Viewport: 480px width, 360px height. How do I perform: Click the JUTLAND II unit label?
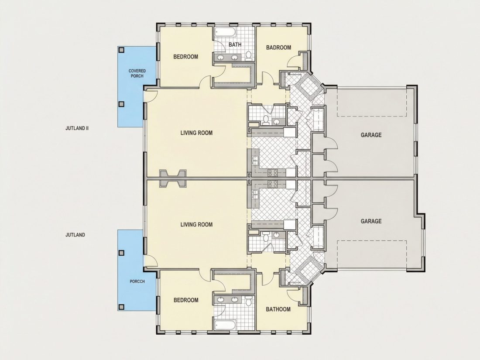click(x=77, y=128)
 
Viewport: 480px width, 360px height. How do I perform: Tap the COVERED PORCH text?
click(x=137, y=73)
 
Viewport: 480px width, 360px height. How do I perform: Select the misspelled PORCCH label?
click(x=137, y=281)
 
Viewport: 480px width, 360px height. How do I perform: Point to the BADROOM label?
click(x=278, y=48)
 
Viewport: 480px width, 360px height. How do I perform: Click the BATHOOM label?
click(x=278, y=309)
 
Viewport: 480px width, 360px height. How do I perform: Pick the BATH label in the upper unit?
click(x=235, y=45)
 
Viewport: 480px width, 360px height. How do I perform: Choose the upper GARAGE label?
click(x=371, y=135)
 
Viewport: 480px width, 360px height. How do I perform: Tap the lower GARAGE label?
click(x=371, y=221)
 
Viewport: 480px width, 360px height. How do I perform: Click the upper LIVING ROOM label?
click(x=196, y=133)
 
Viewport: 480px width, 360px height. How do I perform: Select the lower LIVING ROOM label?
click(x=196, y=224)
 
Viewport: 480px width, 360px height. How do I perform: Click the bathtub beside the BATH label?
click(x=225, y=32)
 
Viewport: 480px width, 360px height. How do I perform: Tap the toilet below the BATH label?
click(x=249, y=55)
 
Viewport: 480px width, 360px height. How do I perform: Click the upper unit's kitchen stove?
click(x=273, y=173)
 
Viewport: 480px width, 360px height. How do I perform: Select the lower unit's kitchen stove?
click(x=273, y=184)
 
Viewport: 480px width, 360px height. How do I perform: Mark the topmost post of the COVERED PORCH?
click(x=122, y=50)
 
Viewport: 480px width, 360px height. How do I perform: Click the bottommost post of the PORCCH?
click(x=122, y=306)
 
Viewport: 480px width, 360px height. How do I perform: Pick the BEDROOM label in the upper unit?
click(x=185, y=57)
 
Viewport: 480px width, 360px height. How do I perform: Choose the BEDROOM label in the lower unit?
click(x=186, y=300)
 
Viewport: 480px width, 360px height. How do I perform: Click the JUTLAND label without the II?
click(x=75, y=235)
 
